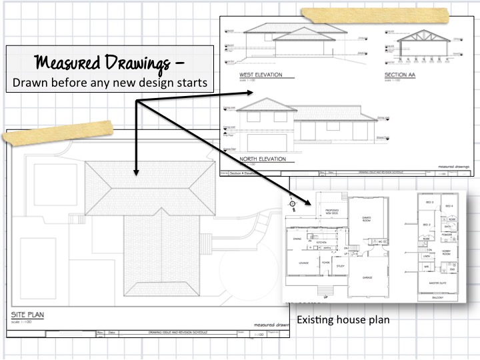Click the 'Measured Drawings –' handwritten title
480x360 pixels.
[107, 63]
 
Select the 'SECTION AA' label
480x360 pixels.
[400, 75]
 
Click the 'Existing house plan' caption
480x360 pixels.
[343, 320]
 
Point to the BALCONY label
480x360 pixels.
[435, 297]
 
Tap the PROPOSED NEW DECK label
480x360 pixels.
[331, 213]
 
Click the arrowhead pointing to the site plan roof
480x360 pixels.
[135, 171]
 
